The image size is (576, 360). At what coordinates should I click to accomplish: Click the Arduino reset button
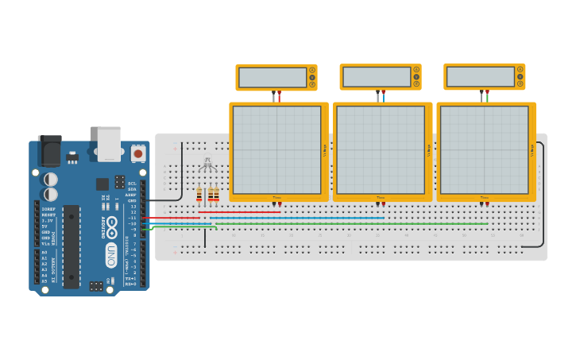138,153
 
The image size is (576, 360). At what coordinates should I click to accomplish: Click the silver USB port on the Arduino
109,143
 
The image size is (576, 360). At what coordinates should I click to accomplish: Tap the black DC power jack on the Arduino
49,150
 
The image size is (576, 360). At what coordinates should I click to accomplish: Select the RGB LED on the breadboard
208,165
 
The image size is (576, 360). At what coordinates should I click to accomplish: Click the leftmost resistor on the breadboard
199,195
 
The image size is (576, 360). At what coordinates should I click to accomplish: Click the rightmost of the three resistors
216,195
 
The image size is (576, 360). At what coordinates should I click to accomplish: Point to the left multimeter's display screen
273,77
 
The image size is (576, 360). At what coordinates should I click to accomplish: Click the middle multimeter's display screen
377,77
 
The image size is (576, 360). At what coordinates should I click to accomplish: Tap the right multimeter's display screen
481,77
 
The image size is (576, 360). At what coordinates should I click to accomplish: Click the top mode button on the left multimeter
311,71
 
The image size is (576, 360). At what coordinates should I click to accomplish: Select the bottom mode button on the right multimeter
520,83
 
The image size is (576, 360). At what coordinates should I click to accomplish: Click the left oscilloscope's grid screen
276,150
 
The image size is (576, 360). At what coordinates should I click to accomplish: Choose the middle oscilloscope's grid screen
380,150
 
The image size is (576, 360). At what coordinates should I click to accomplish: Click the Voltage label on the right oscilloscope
532,149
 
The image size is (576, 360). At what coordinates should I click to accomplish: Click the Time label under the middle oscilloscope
381,197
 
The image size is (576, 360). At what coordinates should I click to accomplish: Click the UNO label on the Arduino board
111,254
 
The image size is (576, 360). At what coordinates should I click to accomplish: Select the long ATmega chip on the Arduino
72,246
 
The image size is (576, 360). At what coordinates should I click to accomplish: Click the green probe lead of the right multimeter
487,96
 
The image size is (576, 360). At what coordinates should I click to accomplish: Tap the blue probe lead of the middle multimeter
383,96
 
